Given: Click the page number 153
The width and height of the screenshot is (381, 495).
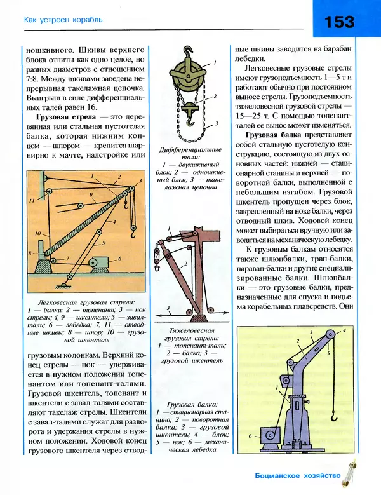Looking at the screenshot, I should click(339, 22).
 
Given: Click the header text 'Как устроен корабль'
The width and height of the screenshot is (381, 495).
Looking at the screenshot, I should click(63, 20).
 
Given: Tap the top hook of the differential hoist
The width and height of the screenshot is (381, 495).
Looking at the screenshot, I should click(187, 51).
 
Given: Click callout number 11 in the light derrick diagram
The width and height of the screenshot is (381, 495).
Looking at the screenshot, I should click(30, 200).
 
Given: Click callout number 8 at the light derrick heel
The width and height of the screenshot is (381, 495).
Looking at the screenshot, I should click(30, 253).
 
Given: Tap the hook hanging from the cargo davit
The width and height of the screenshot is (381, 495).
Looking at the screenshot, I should click(333, 417).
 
